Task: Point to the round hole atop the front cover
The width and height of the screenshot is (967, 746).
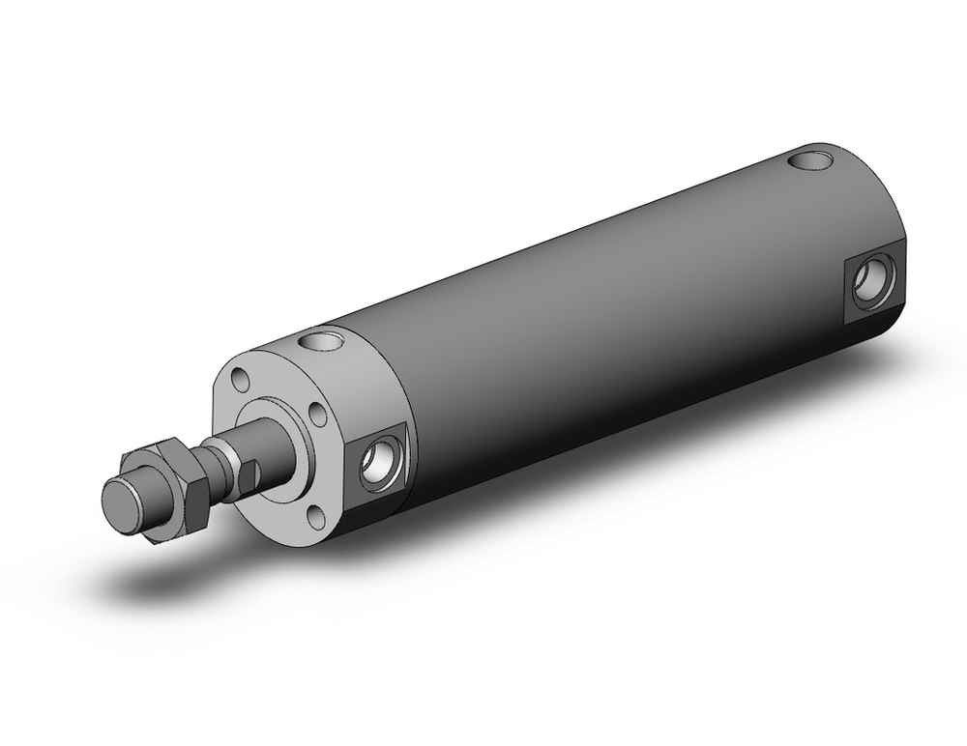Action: (322, 340)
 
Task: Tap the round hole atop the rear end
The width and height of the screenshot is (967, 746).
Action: (811, 158)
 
